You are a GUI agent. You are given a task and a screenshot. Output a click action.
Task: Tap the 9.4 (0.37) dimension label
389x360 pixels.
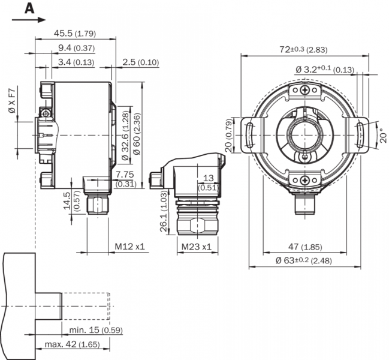(76, 48)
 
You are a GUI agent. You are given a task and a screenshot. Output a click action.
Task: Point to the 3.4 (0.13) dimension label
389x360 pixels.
(76, 62)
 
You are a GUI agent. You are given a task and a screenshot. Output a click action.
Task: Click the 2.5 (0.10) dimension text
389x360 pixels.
(140, 62)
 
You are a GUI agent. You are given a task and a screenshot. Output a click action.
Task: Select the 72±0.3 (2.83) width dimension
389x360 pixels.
(304, 49)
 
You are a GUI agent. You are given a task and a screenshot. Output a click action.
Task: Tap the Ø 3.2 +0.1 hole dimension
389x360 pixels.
(324, 70)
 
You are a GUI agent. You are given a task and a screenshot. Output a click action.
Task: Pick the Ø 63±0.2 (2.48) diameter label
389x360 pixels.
(303, 260)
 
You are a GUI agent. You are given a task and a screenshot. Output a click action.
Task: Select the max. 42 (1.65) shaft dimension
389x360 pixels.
(72, 344)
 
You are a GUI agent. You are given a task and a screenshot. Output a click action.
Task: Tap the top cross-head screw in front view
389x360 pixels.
(306, 90)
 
